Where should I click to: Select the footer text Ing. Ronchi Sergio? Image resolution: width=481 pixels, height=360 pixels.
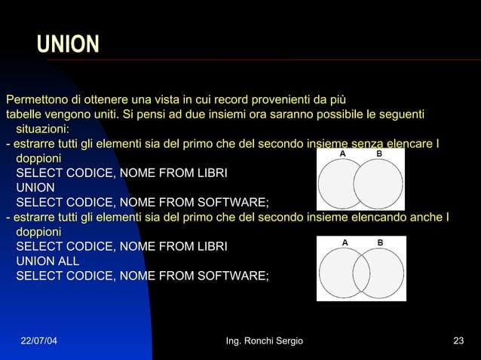click(265, 341)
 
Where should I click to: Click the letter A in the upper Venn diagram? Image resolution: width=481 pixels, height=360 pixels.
click(342, 154)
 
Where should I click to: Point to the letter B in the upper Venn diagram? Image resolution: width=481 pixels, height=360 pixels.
click(379, 154)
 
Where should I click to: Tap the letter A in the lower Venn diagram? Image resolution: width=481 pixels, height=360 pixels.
click(345, 243)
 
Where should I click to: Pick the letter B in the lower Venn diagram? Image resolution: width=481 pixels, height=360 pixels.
click(380, 243)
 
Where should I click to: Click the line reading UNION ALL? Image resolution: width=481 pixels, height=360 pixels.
click(47, 261)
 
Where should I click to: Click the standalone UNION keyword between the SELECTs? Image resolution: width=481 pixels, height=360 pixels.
click(35, 188)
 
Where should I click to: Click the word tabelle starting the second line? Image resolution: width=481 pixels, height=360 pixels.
click(23, 114)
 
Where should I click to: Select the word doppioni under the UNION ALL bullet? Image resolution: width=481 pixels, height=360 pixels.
click(39, 233)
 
